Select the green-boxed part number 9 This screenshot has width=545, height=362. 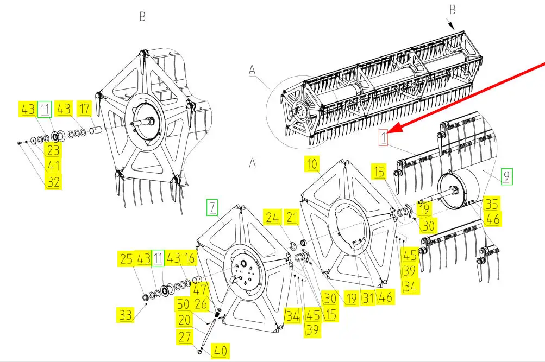point(506,176)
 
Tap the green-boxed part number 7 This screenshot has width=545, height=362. point(211,206)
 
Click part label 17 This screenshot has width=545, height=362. point(84,109)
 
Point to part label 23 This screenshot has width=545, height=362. point(53,150)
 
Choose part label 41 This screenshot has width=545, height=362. point(53,166)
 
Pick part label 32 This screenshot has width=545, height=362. point(53,181)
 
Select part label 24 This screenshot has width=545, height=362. point(273,218)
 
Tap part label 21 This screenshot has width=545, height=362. point(292,218)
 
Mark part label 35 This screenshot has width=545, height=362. point(492,204)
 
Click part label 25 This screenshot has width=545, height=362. point(126,258)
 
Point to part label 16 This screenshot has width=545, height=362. point(190,258)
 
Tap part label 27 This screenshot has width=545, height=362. point(185,336)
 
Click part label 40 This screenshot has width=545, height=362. point(220,351)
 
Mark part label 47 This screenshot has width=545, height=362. point(201,289)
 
